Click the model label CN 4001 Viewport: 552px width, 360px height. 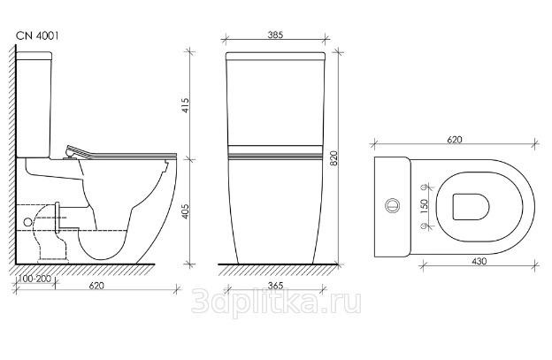click(37, 36)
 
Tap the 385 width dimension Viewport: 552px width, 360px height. click(275, 34)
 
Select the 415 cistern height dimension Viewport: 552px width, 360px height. click(186, 105)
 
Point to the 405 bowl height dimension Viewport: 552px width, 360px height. click(186, 211)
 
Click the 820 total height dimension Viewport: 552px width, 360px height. click(333, 158)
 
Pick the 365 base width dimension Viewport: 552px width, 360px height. click(275, 286)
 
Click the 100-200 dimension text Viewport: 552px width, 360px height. click(34, 279)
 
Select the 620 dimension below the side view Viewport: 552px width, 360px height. click(96, 286)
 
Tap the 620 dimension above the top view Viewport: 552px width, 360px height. click(455, 140)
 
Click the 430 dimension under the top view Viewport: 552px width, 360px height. click(479, 261)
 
